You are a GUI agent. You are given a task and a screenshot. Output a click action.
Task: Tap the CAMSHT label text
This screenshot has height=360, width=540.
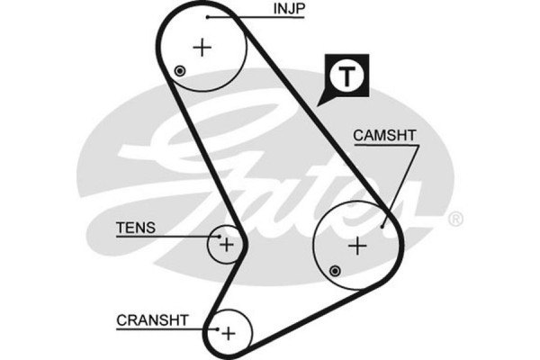[384, 136]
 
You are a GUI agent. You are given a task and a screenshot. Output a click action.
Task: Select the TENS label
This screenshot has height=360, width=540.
[135, 228]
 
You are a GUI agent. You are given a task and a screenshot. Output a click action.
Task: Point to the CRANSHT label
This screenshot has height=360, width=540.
[152, 319]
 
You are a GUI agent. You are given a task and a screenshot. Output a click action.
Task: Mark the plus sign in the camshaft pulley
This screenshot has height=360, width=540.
[358, 244]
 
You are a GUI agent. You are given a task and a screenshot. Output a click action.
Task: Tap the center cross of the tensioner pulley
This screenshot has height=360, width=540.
[226, 243]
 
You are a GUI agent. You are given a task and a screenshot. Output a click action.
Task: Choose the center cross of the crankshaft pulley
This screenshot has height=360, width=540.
[228, 332]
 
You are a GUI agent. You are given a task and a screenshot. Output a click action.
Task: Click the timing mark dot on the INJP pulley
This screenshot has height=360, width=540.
[180, 71]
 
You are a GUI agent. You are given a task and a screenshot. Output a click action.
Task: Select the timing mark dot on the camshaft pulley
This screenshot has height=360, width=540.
[335, 270]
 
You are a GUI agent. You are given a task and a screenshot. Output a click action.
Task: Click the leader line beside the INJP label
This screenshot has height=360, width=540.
[238, 15]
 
